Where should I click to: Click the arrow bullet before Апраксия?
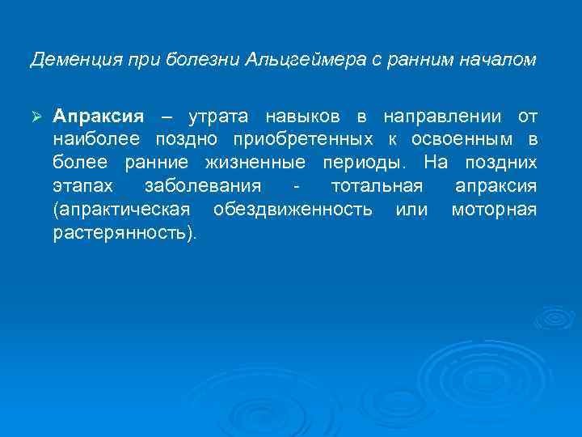(x=36, y=117)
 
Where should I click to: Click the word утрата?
(x=215, y=117)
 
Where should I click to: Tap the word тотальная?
(x=377, y=187)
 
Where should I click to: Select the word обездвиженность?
(x=293, y=210)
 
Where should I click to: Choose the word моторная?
(x=494, y=210)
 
